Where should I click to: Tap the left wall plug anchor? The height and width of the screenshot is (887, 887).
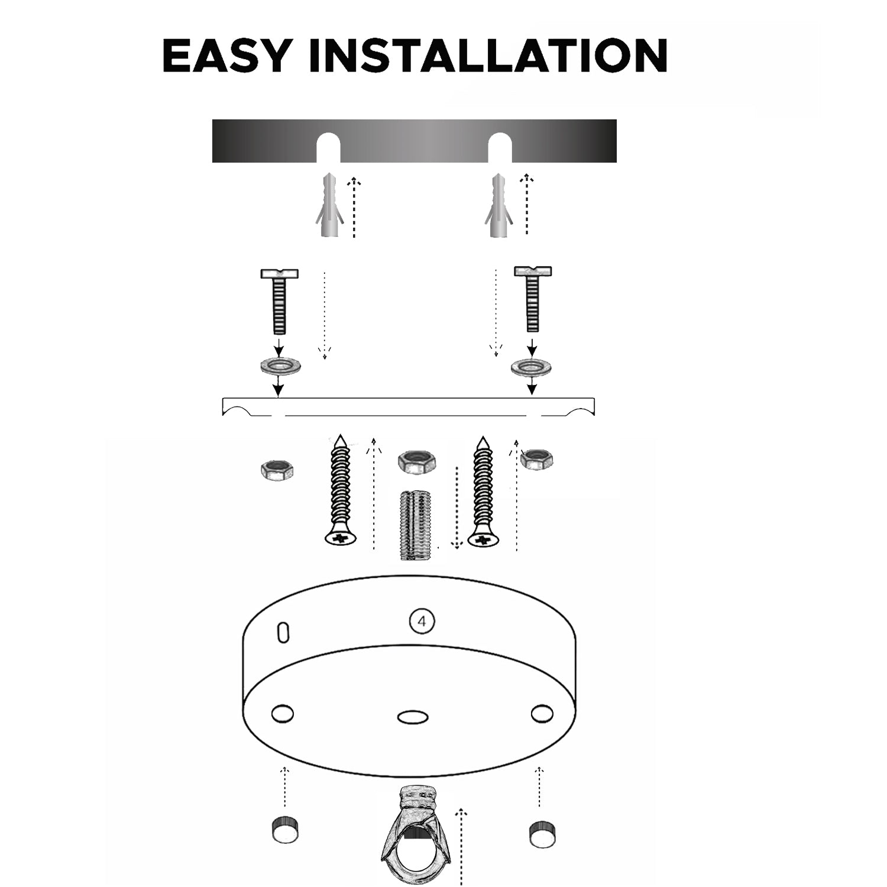pyautogui.click(x=328, y=206)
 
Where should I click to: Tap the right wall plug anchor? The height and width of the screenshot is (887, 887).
pyautogui.click(x=499, y=206)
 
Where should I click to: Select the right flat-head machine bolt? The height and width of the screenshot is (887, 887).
pyautogui.click(x=533, y=299)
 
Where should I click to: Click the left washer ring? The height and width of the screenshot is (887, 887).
pyautogui.click(x=280, y=366)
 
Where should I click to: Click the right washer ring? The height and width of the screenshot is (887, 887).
pyautogui.click(x=532, y=367)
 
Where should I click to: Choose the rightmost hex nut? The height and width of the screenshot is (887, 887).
pyautogui.click(x=537, y=459)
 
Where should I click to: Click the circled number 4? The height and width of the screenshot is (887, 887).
pyautogui.click(x=422, y=621)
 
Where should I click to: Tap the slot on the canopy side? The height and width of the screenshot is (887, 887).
pyautogui.click(x=284, y=632)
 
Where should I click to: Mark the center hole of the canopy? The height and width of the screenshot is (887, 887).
pyautogui.click(x=413, y=717)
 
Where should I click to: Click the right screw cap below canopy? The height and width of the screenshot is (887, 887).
pyautogui.click(x=540, y=834)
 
